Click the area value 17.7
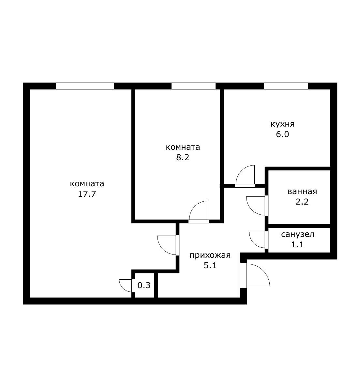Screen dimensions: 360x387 click(87, 194)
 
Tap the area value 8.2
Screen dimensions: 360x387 click(183, 157)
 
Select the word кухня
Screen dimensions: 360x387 click(283, 124)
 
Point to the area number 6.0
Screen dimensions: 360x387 click(282, 134)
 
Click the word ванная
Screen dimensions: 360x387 click(302, 192)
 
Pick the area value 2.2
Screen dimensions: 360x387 click(302, 202)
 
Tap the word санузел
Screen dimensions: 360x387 click(298, 234)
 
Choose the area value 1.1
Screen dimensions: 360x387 click(297, 244)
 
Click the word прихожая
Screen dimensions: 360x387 click(210, 255)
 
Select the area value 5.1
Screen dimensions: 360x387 click(210, 266)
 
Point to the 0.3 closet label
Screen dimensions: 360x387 click(144, 285)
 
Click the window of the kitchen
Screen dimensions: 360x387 click(286, 86)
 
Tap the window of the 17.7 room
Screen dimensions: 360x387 click(85, 86)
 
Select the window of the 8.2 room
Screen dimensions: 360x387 click(193, 86)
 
